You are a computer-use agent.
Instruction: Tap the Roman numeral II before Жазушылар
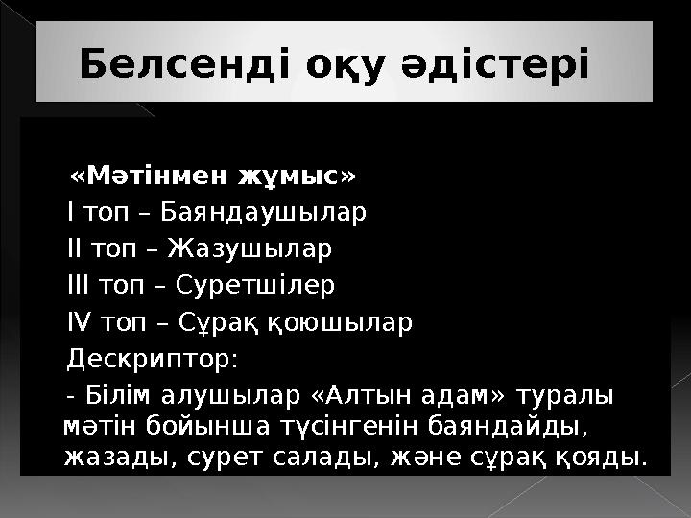click(75, 248)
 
